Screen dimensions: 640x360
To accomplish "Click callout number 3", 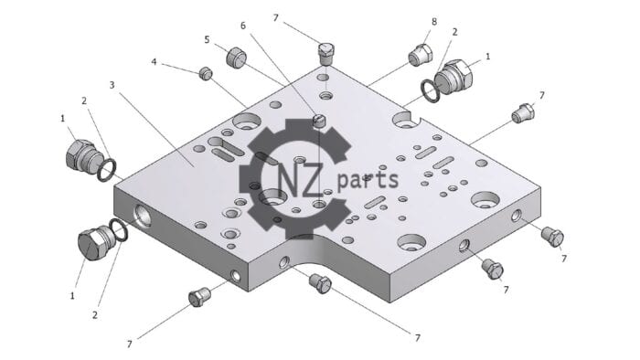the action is (x=112, y=85).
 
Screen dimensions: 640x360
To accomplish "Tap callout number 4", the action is (x=154, y=62).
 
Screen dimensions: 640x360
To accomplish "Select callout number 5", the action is (x=207, y=39).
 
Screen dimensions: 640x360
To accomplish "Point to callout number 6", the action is (x=243, y=26).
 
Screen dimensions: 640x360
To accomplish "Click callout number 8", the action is (x=434, y=22).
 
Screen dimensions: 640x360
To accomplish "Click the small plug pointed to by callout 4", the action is (x=206, y=73).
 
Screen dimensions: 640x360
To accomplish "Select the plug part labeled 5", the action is (x=236, y=58).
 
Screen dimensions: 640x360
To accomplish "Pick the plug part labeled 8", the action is (x=420, y=55).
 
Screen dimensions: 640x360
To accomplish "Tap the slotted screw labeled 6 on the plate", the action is (x=319, y=122).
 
